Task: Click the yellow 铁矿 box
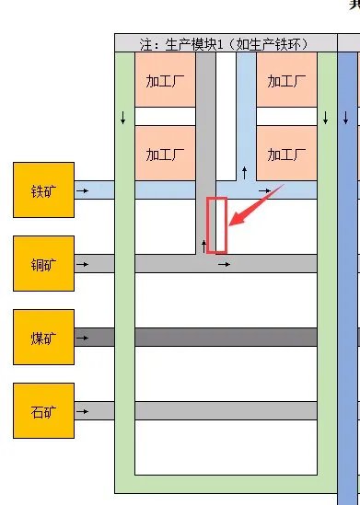click(x=43, y=190)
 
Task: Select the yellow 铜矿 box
click(x=43, y=263)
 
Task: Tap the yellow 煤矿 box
click(x=43, y=338)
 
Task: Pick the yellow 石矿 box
click(x=43, y=410)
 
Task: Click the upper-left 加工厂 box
click(x=166, y=80)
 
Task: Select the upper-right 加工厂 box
click(x=286, y=80)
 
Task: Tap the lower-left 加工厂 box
click(x=166, y=153)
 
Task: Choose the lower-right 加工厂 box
click(x=286, y=153)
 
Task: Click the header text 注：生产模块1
click(x=225, y=42)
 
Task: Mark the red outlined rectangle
click(x=216, y=224)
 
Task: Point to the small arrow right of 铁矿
click(x=83, y=190)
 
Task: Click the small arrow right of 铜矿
click(x=83, y=264)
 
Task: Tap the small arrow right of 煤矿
click(x=83, y=338)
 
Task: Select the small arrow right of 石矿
click(x=83, y=410)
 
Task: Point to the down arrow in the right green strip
click(x=326, y=119)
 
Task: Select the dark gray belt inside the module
click(x=226, y=338)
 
